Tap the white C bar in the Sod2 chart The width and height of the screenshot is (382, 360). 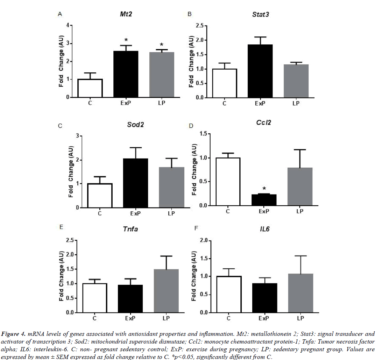[x=99, y=195]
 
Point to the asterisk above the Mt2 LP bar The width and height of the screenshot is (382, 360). [x=162, y=45]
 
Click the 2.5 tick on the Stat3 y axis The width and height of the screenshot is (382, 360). [x=198, y=26]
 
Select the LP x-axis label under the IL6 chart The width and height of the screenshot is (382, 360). [x=300, y=318]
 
